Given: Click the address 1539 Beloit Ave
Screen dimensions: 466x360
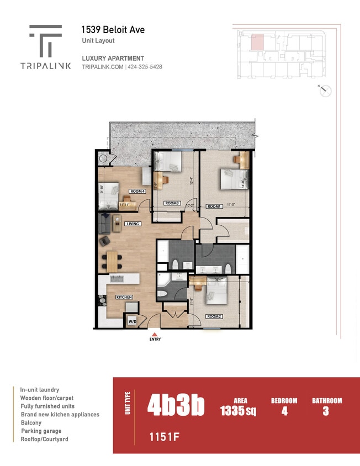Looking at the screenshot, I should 113,30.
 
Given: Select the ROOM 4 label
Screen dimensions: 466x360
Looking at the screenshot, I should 137,191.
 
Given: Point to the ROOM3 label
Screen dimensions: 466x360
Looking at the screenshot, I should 172,203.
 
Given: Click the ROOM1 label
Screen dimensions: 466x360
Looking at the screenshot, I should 214,206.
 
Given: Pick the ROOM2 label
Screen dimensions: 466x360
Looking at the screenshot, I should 214,316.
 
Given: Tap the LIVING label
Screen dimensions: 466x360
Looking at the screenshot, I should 133,224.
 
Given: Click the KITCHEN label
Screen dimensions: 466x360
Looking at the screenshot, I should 124,297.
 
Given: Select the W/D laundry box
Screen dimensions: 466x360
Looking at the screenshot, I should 133,321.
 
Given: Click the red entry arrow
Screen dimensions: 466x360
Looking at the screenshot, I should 155,333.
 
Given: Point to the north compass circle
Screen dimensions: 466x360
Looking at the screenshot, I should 326,91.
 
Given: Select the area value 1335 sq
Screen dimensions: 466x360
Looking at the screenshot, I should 238,411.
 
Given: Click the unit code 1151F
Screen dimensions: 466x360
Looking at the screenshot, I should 165,437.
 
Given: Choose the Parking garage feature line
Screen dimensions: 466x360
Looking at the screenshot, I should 41,431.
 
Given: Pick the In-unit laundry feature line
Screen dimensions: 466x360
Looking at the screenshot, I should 40,389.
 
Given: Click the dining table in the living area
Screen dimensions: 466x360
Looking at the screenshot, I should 112,261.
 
